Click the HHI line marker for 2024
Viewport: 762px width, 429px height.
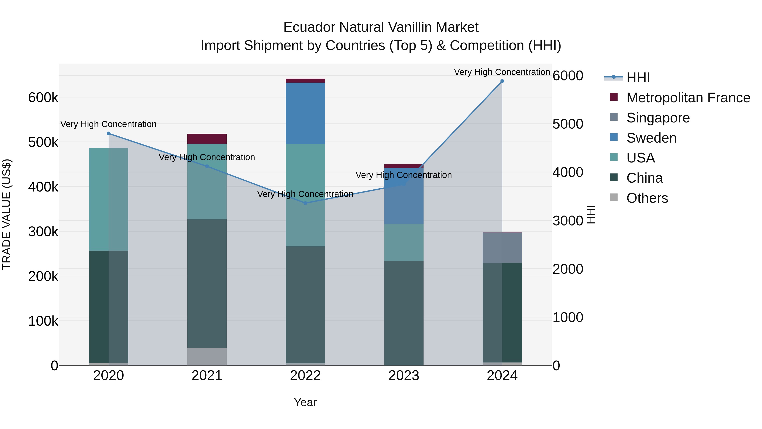502,81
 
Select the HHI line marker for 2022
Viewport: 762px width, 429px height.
305,203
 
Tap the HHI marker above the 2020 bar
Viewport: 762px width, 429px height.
109,133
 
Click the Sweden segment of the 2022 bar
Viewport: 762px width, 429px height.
305,113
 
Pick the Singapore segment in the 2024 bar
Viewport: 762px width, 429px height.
502,248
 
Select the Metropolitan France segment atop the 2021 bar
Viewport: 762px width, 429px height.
207,139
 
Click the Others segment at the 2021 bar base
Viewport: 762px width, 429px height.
207,357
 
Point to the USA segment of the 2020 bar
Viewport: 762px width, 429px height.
109,199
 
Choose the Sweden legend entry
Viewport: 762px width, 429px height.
651,138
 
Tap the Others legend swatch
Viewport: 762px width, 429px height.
614,197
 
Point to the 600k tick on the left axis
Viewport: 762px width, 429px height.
43,98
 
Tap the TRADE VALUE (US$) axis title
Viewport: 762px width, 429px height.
7,214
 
